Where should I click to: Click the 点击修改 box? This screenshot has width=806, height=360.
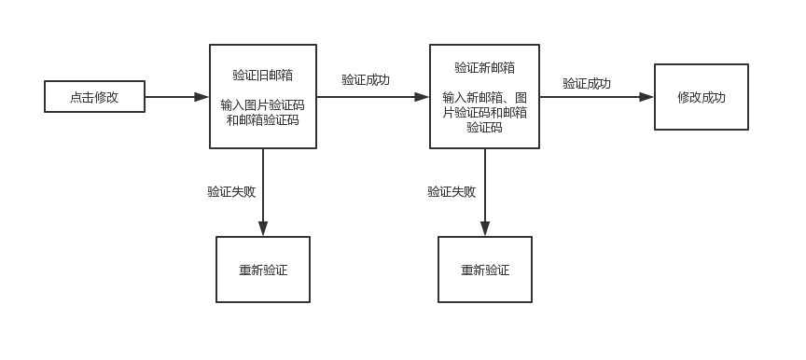click(94, 97)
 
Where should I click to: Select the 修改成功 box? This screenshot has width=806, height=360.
click(702, 97)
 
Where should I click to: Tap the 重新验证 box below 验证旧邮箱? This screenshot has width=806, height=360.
click(263, 270)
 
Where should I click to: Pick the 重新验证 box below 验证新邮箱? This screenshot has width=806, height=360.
click(485, 270)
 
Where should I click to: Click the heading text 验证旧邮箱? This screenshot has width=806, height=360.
click(263, 76)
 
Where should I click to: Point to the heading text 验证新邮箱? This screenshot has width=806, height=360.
click(485, 68)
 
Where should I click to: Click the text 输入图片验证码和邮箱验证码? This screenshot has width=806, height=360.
click(263, 113)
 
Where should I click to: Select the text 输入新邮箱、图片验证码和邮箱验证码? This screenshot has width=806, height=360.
click(485, 113)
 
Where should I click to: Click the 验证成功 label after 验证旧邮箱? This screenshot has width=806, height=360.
click(366, 80)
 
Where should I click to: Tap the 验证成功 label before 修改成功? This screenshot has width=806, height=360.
click(587, 84)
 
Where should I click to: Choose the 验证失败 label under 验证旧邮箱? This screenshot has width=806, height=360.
click(231, 191)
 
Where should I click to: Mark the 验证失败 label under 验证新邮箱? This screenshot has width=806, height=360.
click(452, 191)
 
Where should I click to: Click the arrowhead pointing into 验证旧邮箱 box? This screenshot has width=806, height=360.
click(201, 97)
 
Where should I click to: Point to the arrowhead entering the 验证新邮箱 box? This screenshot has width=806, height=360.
click(422, 97)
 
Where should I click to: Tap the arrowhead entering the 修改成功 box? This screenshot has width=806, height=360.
click(646, 97)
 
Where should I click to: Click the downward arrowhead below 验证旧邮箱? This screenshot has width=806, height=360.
click(263, 228)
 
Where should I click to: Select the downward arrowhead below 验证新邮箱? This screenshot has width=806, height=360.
click(485, 228)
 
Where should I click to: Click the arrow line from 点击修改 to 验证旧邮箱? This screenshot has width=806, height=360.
click(177, 97)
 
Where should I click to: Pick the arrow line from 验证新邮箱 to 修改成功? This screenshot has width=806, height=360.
click(597, 97)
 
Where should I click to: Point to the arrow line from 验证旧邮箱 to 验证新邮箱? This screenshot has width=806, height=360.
click(373, 97)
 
